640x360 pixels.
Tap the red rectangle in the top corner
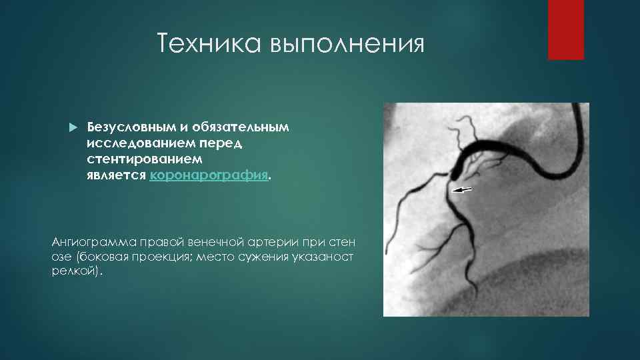(x=566, y=29)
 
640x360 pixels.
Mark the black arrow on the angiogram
(x=462, y=190)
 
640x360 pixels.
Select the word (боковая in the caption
(x=103, y=257)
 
